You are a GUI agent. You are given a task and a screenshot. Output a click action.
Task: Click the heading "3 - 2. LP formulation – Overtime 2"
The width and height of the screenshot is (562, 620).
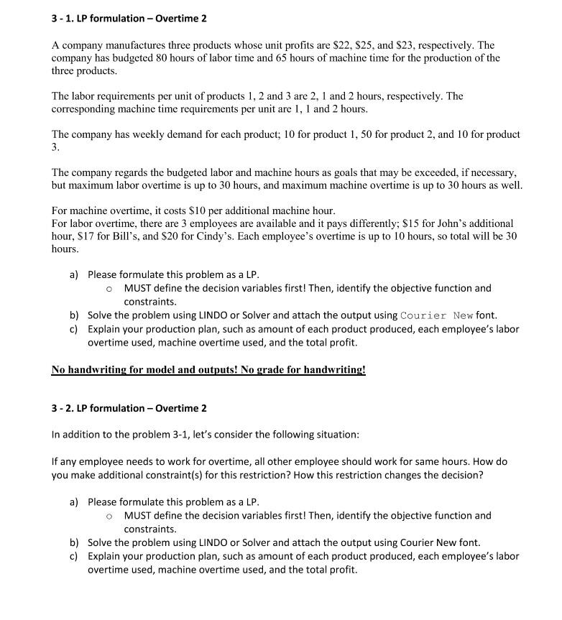point(129,408)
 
